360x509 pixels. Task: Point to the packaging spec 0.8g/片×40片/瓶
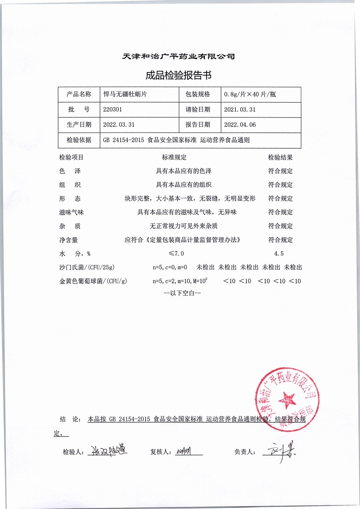click(250, 94)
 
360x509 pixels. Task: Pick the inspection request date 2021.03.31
click(240, 109)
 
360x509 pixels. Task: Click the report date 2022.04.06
click(240, 125)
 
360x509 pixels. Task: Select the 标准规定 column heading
click(174, 158)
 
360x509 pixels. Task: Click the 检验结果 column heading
click(280, 158)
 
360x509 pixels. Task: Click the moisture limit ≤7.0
click(176, 253)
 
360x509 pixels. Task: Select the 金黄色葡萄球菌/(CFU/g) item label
click(93, 281)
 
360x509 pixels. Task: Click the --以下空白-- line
click(183, 293)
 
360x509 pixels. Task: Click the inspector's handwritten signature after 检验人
click(106, 451)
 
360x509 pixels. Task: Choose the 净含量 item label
click(69, 240)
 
